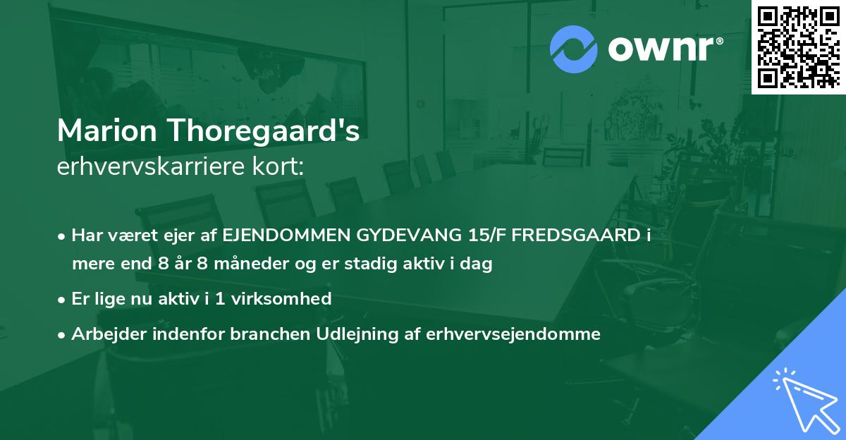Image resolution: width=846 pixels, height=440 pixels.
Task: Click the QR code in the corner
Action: tap(799, 47)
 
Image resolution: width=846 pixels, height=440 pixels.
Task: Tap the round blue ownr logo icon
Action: tap(573, 49)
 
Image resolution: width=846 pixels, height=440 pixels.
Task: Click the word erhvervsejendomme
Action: tap(513, 334)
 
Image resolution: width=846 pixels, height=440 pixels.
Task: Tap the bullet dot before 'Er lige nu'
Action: tap(63, 299)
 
